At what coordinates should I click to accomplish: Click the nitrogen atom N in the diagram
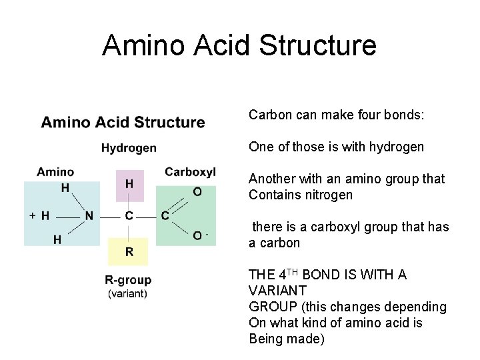[x=88, y=215]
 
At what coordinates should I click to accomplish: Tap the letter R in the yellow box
[x=129, y=251]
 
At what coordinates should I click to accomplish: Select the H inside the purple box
[x=129, y=183]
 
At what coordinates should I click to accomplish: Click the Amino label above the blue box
[x=55, y=172]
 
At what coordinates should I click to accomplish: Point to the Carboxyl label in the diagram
[x=190, y=172]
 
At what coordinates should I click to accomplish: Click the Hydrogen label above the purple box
[x=129, y=147]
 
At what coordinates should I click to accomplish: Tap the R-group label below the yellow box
[x=128, y=280]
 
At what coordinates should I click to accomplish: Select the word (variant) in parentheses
[x=128, y=293]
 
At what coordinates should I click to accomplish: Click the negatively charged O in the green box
[x=197, y=235]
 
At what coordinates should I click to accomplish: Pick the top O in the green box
[x=197, y=192]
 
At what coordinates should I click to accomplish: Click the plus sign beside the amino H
[x=33, y=215]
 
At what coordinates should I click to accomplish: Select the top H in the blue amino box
[x=65, y=187]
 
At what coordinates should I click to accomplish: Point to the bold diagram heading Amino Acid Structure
[x=123, y=122]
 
